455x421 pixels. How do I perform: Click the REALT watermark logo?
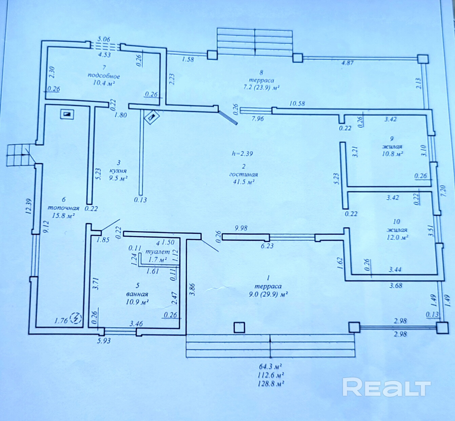coord(386,387)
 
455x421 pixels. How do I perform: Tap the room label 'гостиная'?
coord(243,174)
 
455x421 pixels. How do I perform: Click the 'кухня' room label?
coord(118,171)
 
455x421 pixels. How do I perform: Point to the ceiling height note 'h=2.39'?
coord(242,154)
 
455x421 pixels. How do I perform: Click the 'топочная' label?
coord(63,208)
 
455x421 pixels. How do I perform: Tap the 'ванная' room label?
coord(137,294)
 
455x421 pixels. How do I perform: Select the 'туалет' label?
coord(157,252)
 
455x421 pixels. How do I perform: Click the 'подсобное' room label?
coord(104,76)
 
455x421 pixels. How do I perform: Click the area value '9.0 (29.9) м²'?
coord(268,294)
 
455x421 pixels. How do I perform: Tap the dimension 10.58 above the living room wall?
coord(297,104)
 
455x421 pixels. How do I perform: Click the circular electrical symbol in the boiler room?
coord(77,318)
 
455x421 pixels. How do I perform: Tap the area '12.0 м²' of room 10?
coord(397,238)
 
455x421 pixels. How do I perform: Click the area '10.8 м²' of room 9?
coord(392,154)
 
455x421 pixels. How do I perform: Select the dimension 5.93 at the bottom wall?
coord(104,341)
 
